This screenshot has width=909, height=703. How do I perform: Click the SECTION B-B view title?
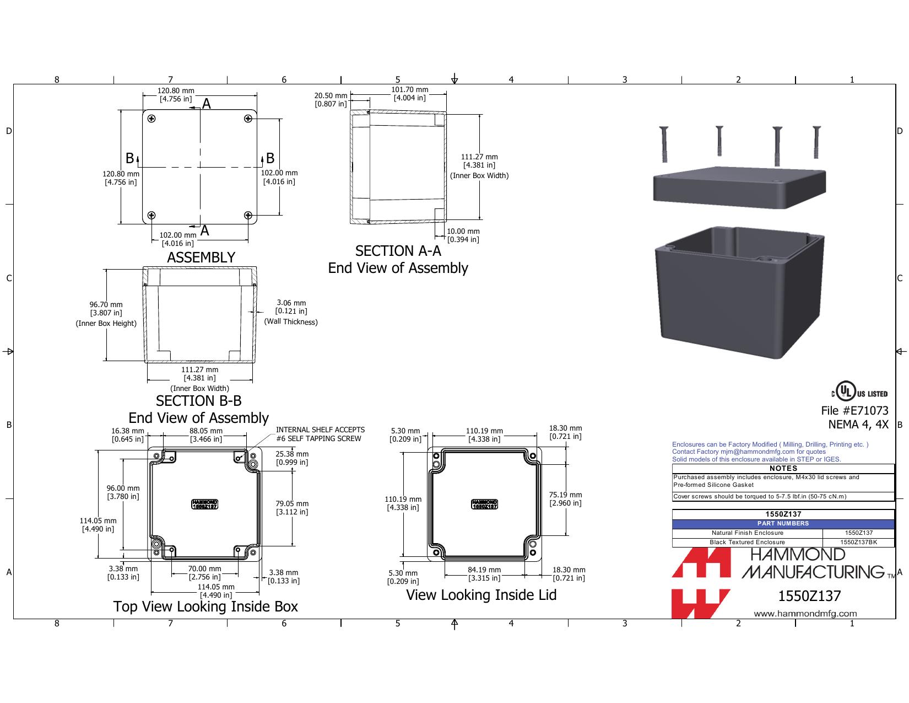click(199, 401)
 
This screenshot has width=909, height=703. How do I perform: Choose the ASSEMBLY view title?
click(201, 257)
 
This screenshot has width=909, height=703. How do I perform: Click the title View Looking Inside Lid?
click(481, 595)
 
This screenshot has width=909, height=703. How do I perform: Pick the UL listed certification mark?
click(859, 391)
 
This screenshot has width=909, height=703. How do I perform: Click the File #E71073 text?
click(854, 410)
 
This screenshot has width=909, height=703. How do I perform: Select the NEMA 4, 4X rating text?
click(858, 425)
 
